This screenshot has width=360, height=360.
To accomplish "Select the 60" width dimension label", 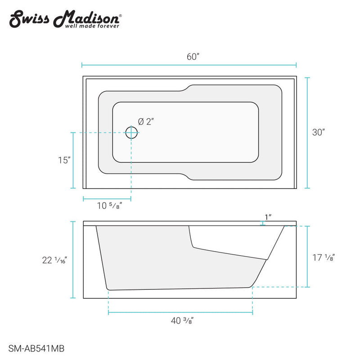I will (192, 57).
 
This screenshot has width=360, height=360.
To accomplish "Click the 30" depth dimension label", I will (319, 132).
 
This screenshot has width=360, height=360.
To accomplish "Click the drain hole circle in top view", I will (131, 133).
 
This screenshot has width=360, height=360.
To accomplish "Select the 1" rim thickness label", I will (268, 217).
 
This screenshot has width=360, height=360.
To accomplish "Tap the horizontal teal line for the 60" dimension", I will (189, 65).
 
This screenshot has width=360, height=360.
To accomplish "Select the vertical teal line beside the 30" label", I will (307, 133).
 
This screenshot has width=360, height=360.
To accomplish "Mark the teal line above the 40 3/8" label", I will (180, 312).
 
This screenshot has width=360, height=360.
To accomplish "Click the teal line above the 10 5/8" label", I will (107, 198).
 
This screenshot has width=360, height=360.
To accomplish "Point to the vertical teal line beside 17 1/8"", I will (307, 256).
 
